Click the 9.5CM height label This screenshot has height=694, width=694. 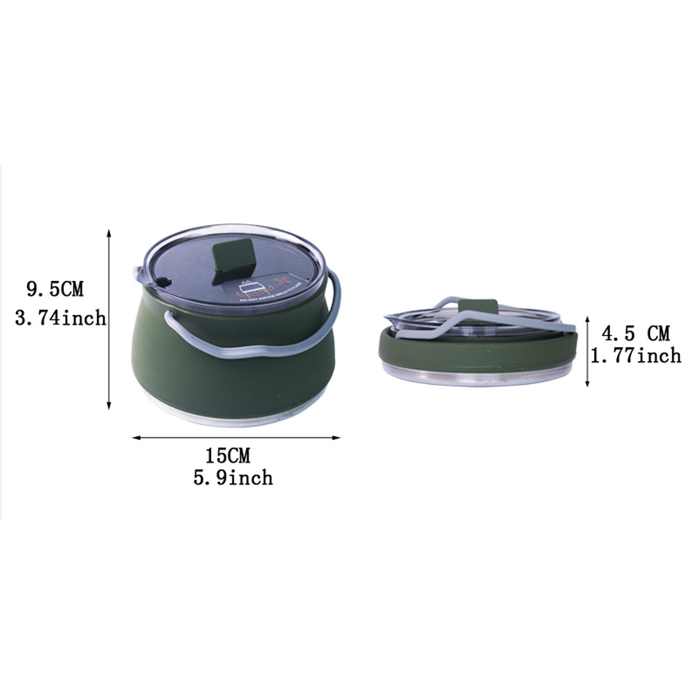55,289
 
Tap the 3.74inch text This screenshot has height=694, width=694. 60,318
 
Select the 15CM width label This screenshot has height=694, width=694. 228,456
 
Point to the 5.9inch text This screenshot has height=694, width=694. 233,478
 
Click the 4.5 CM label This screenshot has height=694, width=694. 635,334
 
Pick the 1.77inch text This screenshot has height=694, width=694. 635,356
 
